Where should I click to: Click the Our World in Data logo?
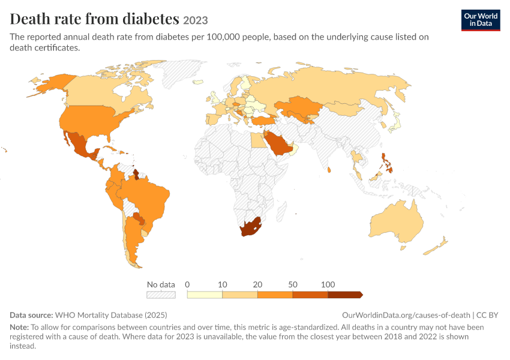click(481, 20)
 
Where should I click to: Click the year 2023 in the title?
click(196, 20)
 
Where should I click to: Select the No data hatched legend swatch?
click(161, 295)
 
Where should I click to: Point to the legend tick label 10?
click(222, 284)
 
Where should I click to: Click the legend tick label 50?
click(292, 284)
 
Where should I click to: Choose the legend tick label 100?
click(328, 284)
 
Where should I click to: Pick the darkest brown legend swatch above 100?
click(345, 295)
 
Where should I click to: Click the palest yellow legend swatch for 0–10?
click(205, 295)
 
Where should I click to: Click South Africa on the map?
click(250, 227)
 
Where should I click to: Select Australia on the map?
click(396, 224)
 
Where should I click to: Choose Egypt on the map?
click(257, 140)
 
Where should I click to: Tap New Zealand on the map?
click(436, 247)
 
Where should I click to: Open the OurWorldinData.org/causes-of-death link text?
click(406, 315)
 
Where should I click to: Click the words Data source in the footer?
click(31, 315)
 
